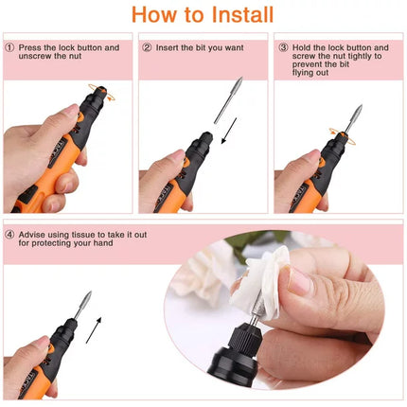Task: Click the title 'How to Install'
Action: pos(203,15)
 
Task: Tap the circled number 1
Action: pos(9,47)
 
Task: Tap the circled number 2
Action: pos(147,47)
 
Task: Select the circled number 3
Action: pos(283,47)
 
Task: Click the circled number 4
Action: pos(9,235)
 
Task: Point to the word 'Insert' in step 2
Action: pos(168,47)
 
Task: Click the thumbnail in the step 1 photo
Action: pos(70,113)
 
